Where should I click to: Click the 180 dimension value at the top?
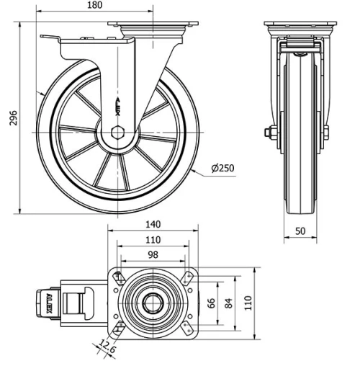[94, 5]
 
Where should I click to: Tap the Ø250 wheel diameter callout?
[222, 169]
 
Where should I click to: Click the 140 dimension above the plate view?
[153, 225]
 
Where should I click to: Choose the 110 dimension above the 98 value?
[153, 241]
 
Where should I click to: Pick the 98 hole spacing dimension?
[153, 256]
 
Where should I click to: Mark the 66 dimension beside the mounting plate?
[211, 303]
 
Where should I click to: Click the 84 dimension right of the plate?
[230, 303]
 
